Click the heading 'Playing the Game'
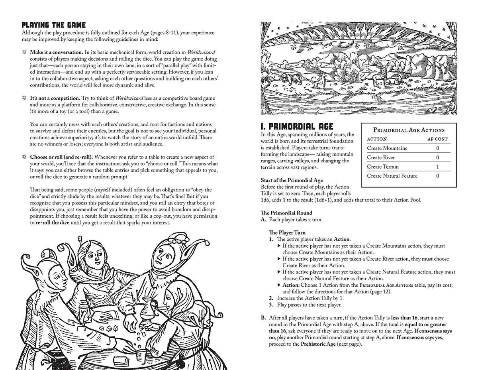click(54, 25)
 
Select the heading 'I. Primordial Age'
click(297, 127)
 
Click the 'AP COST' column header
click(437, 139)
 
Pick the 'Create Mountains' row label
click(387, 148)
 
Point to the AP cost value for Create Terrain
click(437, 167)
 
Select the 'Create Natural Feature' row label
click(392, 176)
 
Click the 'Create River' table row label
click(381, 157)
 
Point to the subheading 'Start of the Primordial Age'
click(292, 181)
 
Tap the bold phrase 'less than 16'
click(405, 318)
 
